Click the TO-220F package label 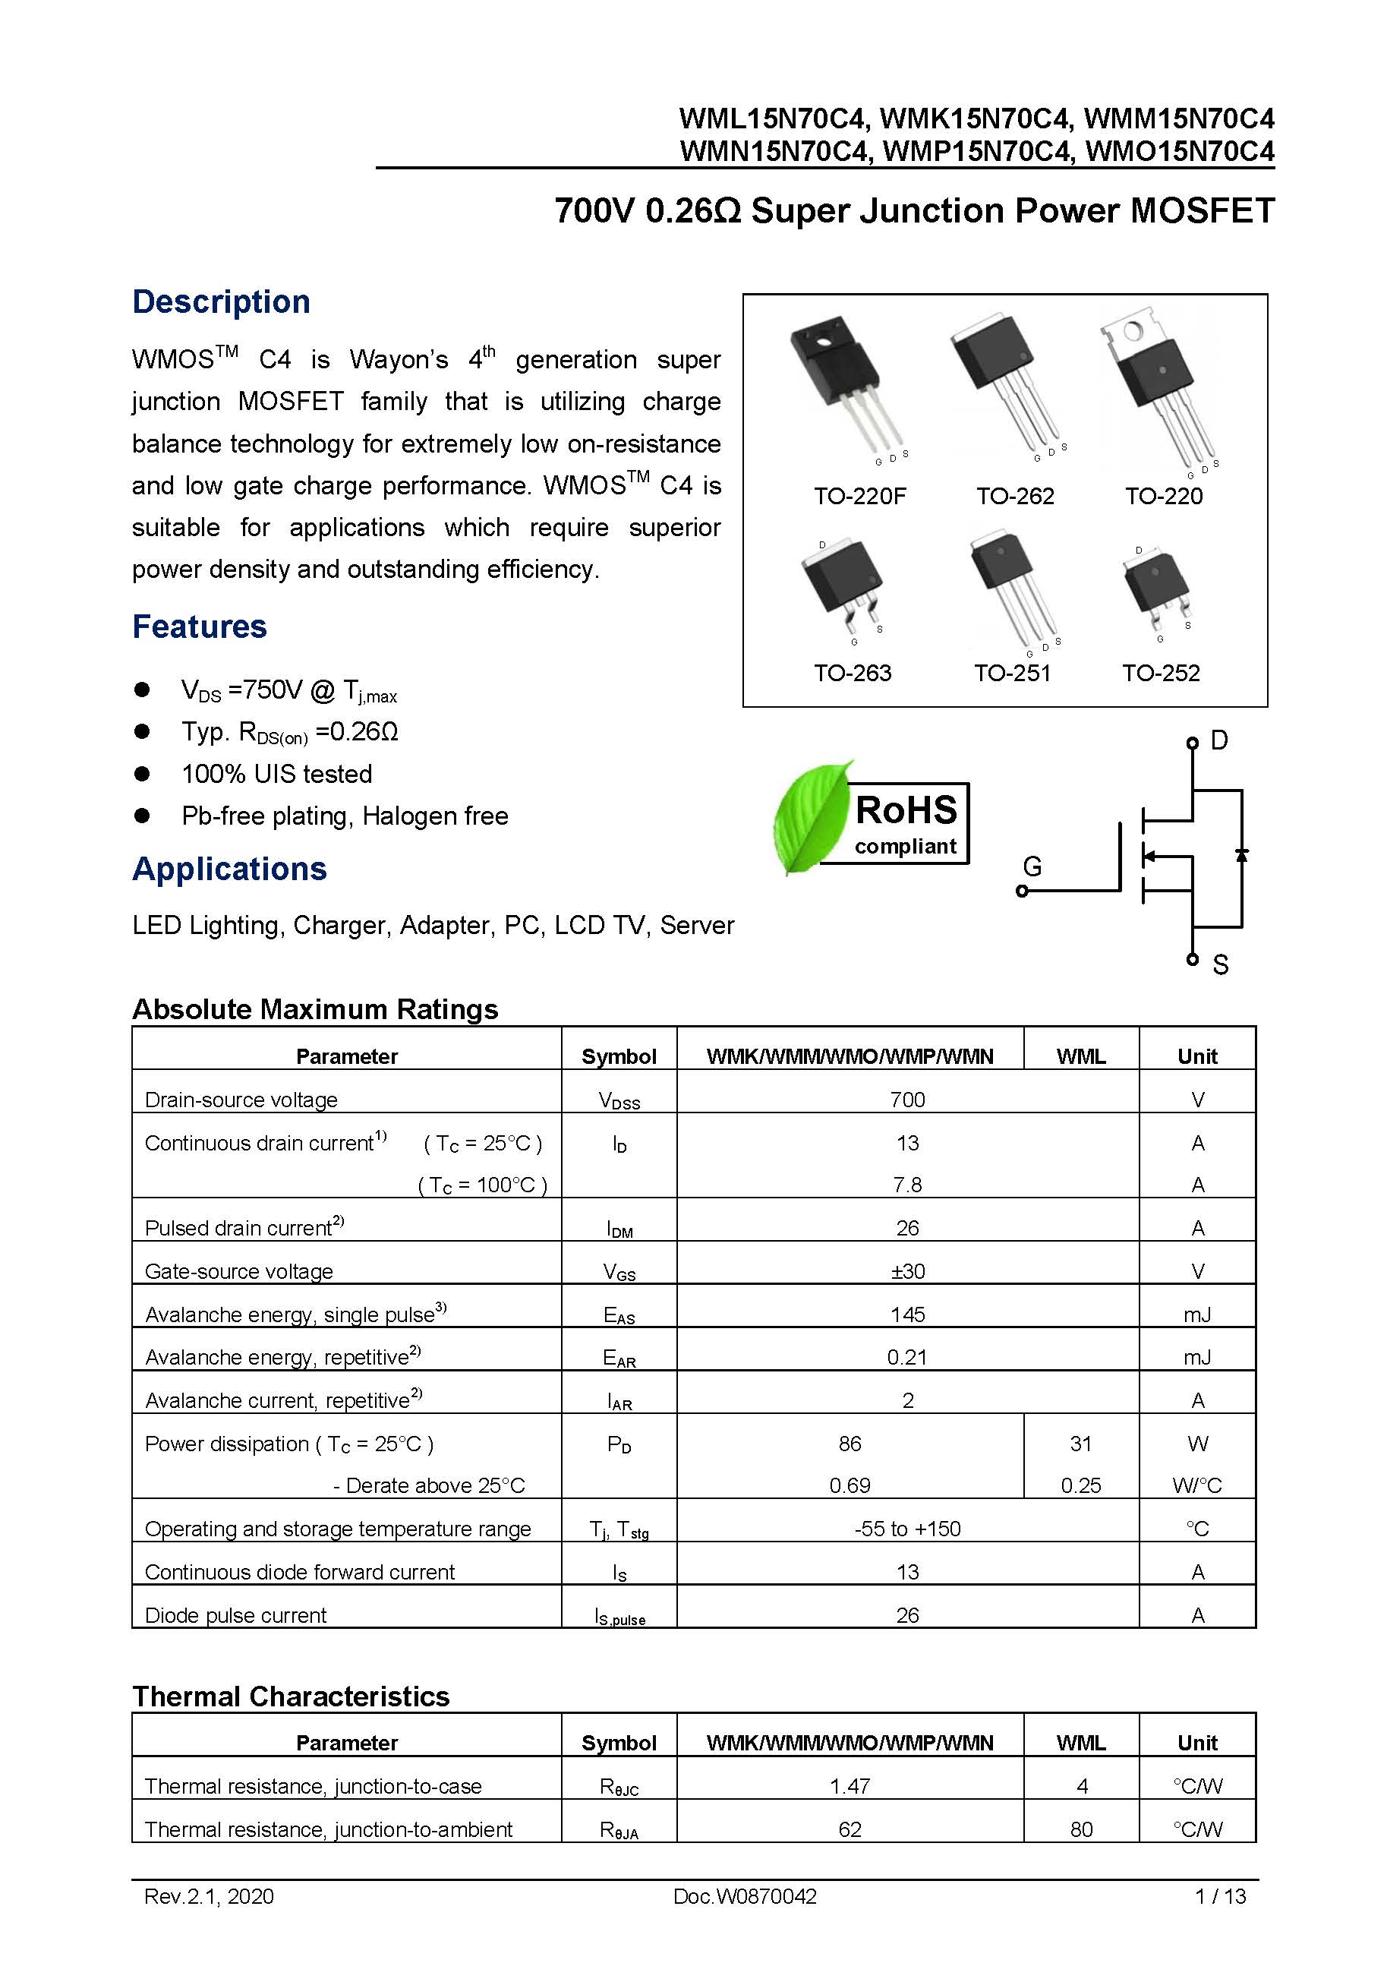coord(859,496)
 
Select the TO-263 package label coord(852,673)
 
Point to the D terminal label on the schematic coord(1219,740)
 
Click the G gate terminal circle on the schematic coord(1022,891)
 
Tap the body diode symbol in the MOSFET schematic coord(1241,855)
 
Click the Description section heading coord(220,301)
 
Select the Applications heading coord(229,869)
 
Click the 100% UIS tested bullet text coord(276,774)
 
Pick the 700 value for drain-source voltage coord(906,1100)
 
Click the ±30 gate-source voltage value coord(906,1271)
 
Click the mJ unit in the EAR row coord(1196,1357)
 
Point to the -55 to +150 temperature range coord(906,1529)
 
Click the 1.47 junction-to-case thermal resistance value coord(850,1786)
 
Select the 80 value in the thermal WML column coord(1080,1829)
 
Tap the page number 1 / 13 coord(1219,1896)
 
